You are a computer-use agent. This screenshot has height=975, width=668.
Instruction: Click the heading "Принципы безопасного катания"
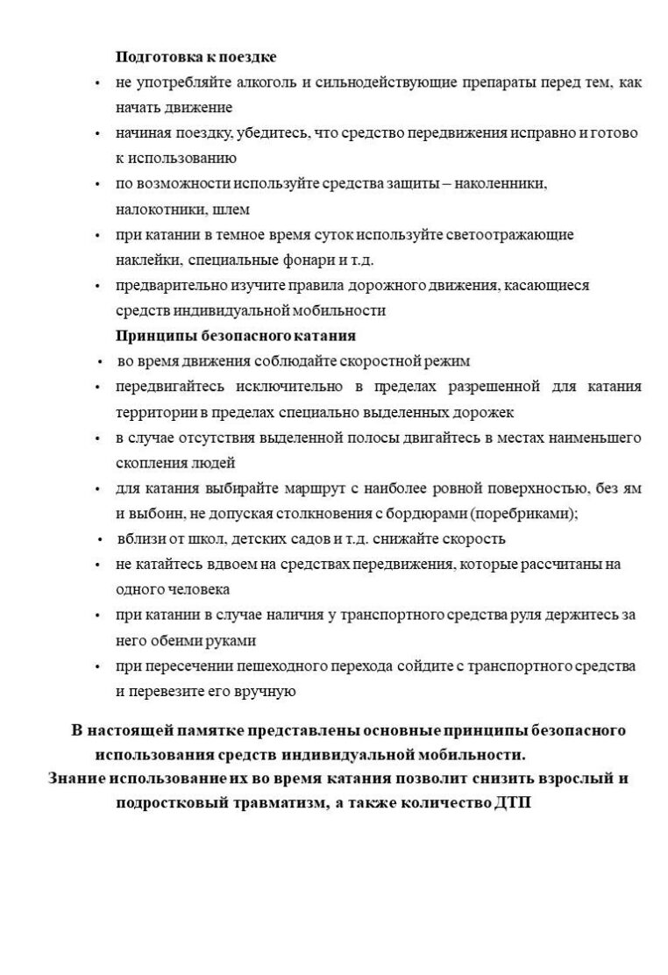(x=235, y=336)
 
